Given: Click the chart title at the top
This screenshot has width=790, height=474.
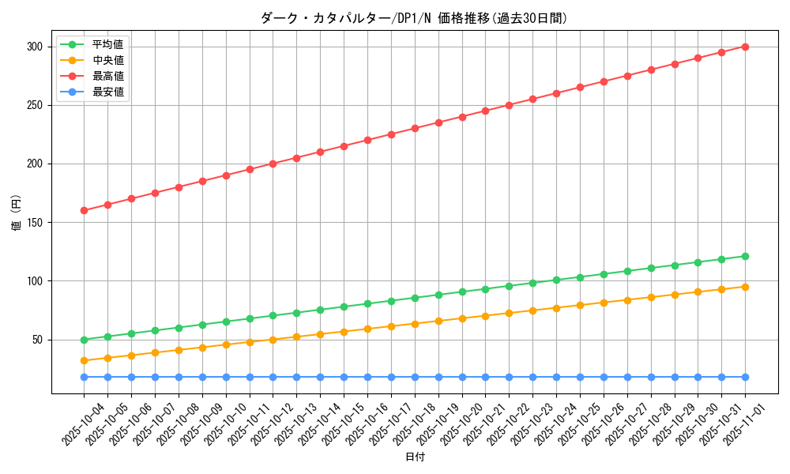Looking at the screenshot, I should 414,18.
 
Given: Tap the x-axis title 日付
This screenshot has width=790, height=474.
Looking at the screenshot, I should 414,457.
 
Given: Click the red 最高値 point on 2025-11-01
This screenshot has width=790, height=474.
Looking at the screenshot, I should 745,47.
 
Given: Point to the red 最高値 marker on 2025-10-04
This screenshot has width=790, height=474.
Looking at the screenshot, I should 84,211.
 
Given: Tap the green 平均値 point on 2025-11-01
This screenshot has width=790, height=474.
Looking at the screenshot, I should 745,256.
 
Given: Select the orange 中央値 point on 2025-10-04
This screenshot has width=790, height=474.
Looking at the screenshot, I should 84,360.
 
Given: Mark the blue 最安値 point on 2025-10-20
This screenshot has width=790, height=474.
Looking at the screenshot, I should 462,377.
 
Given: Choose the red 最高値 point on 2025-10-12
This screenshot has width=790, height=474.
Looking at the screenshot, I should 273,164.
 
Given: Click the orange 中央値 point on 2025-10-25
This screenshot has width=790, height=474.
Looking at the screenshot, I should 580,305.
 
